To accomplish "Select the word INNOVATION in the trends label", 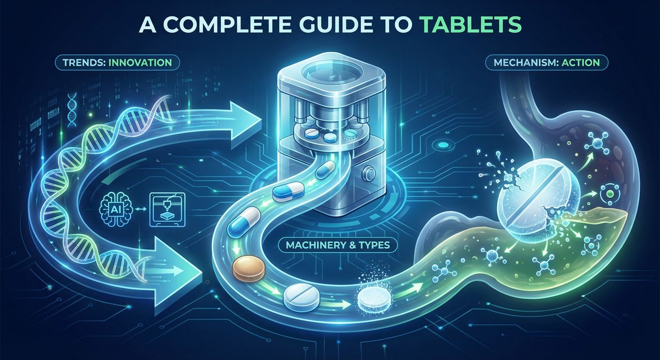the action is click(x=140, y=62).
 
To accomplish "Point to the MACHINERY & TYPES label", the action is click(x=337, y=245).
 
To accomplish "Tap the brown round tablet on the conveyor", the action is click(x=249, y=268).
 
